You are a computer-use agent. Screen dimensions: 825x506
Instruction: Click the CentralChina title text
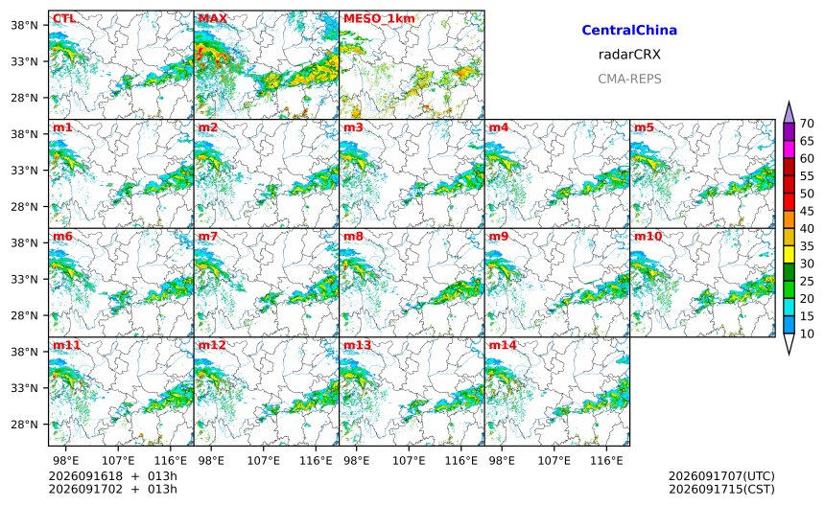coord(629,30)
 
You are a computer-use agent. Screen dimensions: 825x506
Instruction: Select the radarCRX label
coord(629,54)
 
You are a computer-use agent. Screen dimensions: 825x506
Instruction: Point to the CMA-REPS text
coord(629,79)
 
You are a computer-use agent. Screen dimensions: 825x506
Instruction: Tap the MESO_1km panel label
coord(379,19)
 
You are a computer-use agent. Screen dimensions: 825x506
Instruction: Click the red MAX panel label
coord(213,18)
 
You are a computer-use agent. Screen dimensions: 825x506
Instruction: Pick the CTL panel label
coord(64,18)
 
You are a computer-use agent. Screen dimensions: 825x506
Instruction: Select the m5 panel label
coord(644,127)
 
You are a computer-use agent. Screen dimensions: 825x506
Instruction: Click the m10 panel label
coord(648,236)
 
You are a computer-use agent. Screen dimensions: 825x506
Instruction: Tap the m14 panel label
coord(503,345)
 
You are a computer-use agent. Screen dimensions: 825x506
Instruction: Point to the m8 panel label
coord(353,236)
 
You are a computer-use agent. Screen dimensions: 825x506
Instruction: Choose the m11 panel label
coord(66,345)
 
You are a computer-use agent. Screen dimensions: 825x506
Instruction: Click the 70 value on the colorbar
coord(807,124)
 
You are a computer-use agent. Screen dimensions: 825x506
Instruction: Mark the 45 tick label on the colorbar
coord(807,211)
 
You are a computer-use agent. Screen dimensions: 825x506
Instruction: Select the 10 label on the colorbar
coord(807,333)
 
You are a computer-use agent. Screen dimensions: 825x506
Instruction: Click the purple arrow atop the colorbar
coord(789,112)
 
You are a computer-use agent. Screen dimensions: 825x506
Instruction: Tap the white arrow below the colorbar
coord(789,344)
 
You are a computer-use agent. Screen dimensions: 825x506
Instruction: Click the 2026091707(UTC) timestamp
coord(721,476)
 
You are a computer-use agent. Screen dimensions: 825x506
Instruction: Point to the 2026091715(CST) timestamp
coord(721,489)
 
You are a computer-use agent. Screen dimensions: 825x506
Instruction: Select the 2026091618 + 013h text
coord(112,476)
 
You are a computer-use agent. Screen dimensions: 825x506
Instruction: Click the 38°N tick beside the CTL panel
coord(24,25)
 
